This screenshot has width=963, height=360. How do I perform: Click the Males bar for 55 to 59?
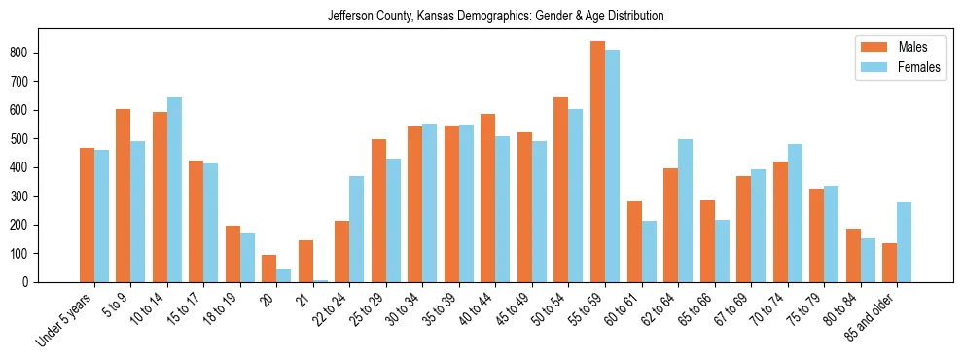coord(597,162)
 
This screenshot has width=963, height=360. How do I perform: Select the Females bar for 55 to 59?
coord(612,166)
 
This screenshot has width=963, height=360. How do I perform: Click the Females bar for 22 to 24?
coord(356,230)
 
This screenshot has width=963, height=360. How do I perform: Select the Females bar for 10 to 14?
coord(174,190)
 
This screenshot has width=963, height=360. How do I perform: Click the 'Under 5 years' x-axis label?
coord(66,318)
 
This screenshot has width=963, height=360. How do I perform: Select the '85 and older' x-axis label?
coord(872,316)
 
